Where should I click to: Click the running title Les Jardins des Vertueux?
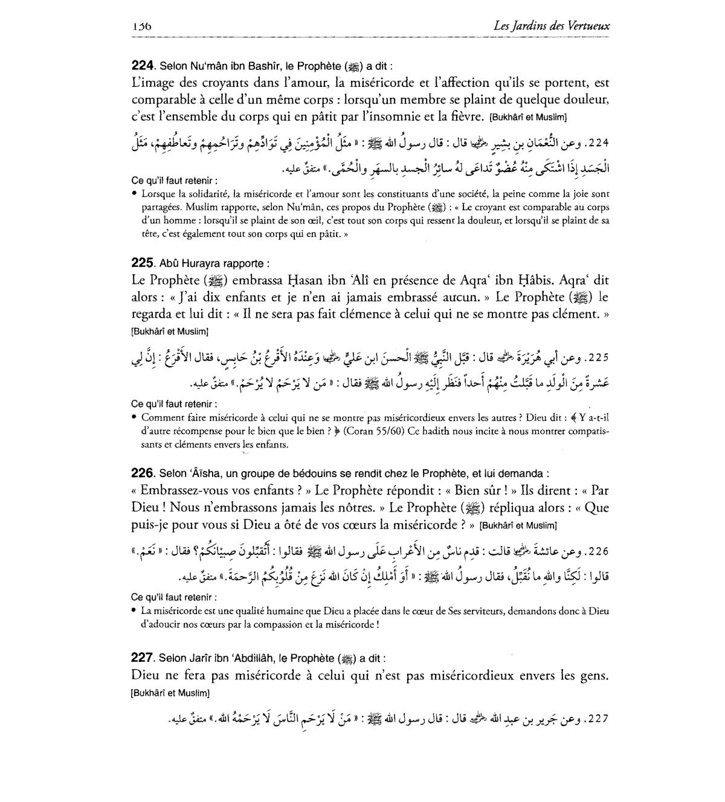tap(551, 26)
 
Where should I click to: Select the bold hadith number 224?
tap(143, 66)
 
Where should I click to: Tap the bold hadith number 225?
tap(143, 263)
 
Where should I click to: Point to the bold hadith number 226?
tap(143, 474)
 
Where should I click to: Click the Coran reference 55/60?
tap(389, 432)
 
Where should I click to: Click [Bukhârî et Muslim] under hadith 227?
tap(170, 693)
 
